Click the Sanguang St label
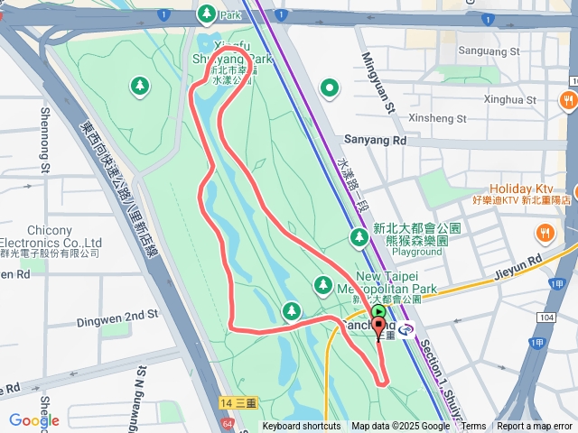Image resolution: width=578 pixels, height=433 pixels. tap(489, 51)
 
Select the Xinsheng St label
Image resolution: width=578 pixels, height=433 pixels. tap(436, 118)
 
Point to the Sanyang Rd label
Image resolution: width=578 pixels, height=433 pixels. tap(375, 141)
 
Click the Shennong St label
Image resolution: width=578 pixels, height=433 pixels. tap(45, 140)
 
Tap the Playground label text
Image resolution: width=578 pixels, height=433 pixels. tap(417, 253)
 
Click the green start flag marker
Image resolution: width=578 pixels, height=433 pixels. tap(378, 312)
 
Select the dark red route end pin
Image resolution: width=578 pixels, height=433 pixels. tap(378, 328)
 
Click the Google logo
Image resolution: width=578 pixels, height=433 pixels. tap(33, 420)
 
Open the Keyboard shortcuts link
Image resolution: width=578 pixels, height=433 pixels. tap(302, 427)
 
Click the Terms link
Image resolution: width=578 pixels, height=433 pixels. tap(473, 427)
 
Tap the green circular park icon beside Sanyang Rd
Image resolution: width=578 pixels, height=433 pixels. tap(331, 88)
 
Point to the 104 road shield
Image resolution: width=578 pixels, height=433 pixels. tap(545, 318)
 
